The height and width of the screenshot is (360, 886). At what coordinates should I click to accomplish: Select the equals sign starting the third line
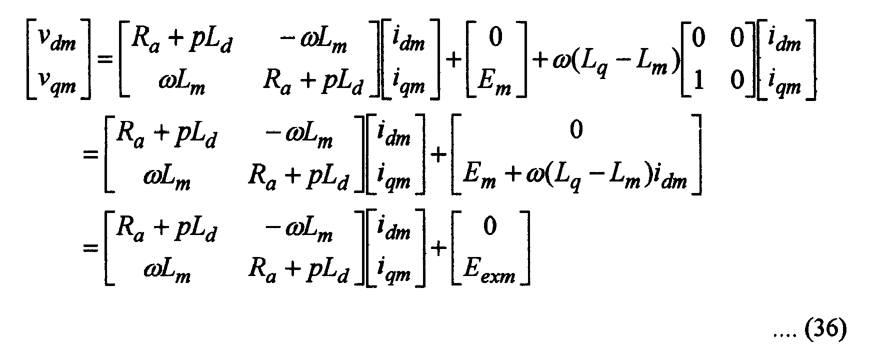(90, 248)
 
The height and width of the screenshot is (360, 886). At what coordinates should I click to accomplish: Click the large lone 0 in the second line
(576, 131)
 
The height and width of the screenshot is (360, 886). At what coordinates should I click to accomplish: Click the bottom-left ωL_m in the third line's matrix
(166, 273)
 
